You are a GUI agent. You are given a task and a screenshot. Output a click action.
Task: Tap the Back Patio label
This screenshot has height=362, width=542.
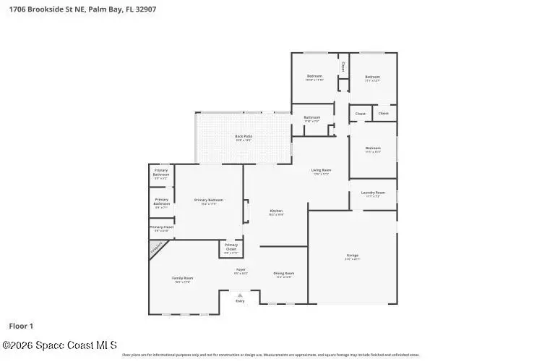pyautogui.click(x=244, y=136)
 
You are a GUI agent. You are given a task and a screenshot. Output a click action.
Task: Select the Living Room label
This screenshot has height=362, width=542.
pyautogui.click(x=321, y=170)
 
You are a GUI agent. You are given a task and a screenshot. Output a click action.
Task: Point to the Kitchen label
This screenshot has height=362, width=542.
pyautogui.click(x=276, y=211)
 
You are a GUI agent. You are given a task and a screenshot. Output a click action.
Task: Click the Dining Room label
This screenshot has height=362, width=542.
pyautogui.click(x=283, y=273)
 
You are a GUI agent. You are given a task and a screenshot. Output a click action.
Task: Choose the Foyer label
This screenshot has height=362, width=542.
pyautogui.click(x=241, y=270)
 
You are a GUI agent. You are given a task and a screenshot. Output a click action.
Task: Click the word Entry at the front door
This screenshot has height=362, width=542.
pyautogui.click(x=240, y=301)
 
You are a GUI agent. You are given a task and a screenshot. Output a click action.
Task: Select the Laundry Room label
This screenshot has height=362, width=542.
pyautogui.click(x=373, y=193)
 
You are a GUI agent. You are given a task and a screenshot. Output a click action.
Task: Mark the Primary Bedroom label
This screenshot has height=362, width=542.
pyautogui.click(x=209, y=200)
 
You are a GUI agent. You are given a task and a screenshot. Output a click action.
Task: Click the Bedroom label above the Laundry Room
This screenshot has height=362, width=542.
pyautogui.click(x=373, y=148)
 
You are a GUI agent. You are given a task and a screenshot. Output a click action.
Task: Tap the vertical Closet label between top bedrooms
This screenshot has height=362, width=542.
pyautogui.click(x=343, y=67)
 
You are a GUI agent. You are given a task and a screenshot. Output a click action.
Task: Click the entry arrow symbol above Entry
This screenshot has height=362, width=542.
pyautogui.click(x=240, y=295)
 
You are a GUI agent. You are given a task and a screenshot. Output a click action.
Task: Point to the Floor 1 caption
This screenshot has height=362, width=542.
pyautogui.click(x=21, y=326)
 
